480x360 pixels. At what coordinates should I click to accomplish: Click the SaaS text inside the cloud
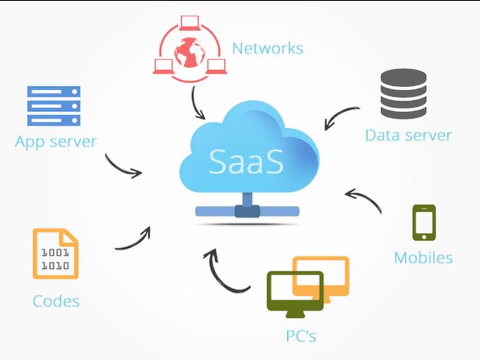pyautogui.click(x=246, y=161)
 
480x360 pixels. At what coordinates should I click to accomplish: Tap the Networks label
pyautogui.click(x=268, y=49)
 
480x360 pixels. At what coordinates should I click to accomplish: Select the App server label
pyautogui.click(x=56, y=142)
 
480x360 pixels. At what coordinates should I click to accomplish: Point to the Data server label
pyautogui.click(x=409, y=135)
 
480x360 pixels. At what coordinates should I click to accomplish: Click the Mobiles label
pyautogui.click(x=424, y=258)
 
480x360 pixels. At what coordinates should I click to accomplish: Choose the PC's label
pyautogui.click(x=301, y=336)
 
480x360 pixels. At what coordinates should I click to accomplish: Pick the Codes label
pyautogui.click(x=56, y=301)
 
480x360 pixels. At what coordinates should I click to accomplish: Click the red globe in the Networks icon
pyautogui.click(x=190, y=52)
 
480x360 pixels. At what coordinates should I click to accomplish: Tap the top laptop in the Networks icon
pyautogui.click(x=190, y=23)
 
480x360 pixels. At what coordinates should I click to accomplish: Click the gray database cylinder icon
pyautogui.click(x=403, y=94)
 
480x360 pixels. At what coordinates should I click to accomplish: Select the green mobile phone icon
pyautogui.click(x=424, y=223)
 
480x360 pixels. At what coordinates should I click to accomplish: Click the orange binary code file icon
pyautogui.click(x=56, y=254)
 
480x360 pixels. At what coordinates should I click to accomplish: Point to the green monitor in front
pyautogui.click(x=295, y=294)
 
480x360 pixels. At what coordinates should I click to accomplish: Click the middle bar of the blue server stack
pyautogui.click(x=54, y=106)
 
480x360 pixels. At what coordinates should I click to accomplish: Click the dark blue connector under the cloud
pyautogui.click(x=247, y=211)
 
